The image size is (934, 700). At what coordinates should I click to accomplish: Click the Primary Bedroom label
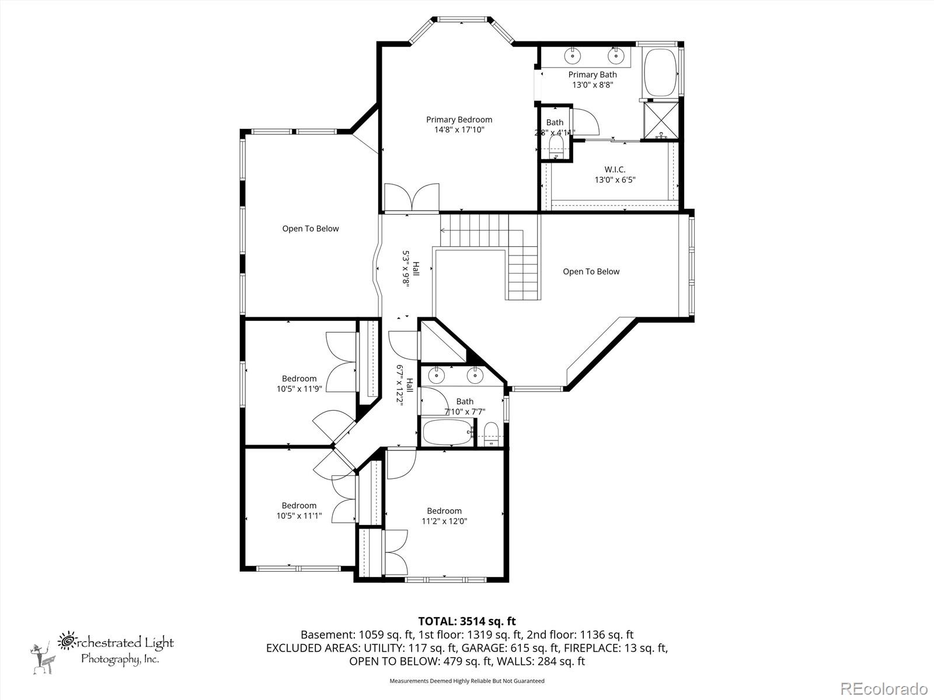click(459, 120)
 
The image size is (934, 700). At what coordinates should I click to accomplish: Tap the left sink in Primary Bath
click(573, 56)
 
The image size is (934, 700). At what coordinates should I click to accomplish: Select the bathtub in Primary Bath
click(660, 73)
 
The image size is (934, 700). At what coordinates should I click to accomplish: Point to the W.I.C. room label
click(615, 169)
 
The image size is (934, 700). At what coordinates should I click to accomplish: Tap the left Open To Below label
click(310, 229)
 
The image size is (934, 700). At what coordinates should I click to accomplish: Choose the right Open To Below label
click(591, 271)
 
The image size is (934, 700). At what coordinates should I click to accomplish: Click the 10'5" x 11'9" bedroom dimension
click(299, 388)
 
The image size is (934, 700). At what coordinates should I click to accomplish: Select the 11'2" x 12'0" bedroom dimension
click(444, 521)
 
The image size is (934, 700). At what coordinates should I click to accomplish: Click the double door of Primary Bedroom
click(412, 198)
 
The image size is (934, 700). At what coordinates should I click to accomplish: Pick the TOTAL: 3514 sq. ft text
click(466, 621)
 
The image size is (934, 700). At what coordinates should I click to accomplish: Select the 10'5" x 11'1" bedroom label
click(299, 510)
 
